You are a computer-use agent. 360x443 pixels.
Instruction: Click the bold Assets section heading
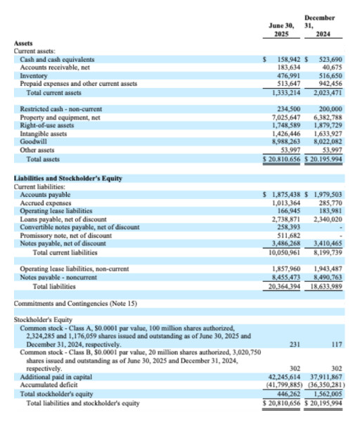click(x=23, y=44)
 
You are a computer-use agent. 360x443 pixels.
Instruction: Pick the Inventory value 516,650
click(x=328, y=76)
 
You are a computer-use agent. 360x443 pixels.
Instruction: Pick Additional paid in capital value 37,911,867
click(x=326, y=378)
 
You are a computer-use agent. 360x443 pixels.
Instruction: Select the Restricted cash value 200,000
click(x=329, y=109)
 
